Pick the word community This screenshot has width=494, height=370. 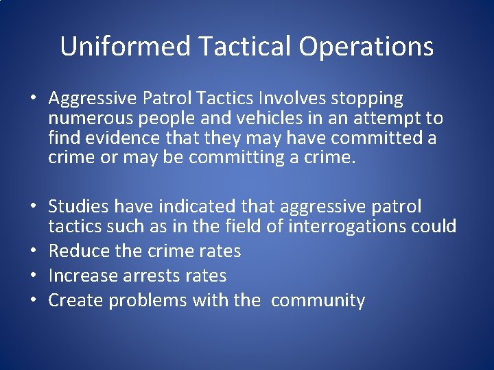(318, 301)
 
